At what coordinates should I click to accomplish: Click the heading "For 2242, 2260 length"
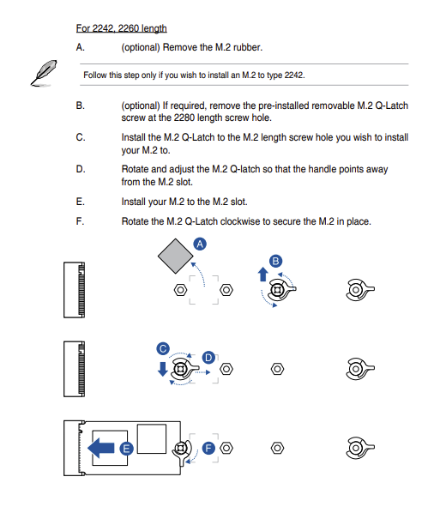(121, 28)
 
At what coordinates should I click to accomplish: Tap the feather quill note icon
(44, 73)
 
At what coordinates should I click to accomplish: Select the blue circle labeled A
(200, 244)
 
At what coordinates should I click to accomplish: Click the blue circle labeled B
(275, 261)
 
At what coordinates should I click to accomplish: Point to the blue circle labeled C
(163, 348)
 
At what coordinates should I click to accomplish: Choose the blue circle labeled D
(208, 358)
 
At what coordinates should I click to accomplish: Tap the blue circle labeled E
(126, 449)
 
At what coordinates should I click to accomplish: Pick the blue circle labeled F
(208, 448)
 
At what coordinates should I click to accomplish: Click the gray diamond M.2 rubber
(175, 257)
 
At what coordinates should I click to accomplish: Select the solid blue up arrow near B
(263, 275)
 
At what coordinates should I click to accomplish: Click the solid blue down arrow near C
(163, 369)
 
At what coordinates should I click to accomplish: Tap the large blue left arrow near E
(101, 448)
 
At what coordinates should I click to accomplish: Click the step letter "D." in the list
(81, 169)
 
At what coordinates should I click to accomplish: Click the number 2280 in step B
(184, 118)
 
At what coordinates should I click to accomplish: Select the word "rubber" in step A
(248, 47)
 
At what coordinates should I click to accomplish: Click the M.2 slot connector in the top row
(75, 290)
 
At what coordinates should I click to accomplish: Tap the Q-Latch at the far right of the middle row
(359, 369)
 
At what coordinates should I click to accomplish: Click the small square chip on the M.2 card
(152, 438)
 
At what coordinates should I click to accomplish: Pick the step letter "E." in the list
(80, 202)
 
